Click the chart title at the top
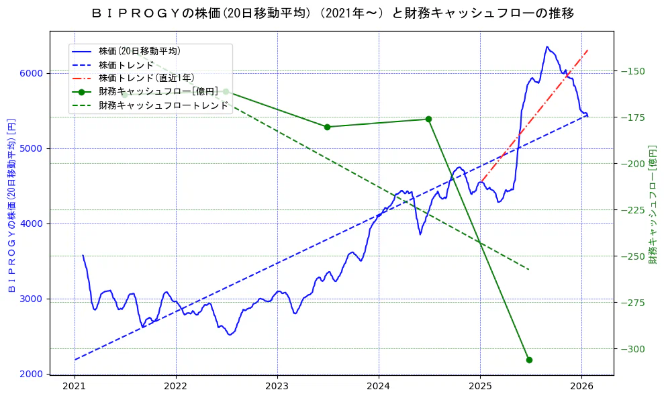click(x=332, y=13)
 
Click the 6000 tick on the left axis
click(x=33, y=73)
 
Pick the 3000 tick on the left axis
click(x=33, y=299)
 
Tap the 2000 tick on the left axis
click(x=33, y=374)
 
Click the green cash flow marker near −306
click(x=529, y=360)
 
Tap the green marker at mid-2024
click(x=428, y=119)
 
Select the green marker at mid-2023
click(x=327, y=127)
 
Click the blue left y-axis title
click(x=11, y=205)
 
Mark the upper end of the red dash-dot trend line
click(x=588, y=49)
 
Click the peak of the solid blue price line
click(x=547, y=47)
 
